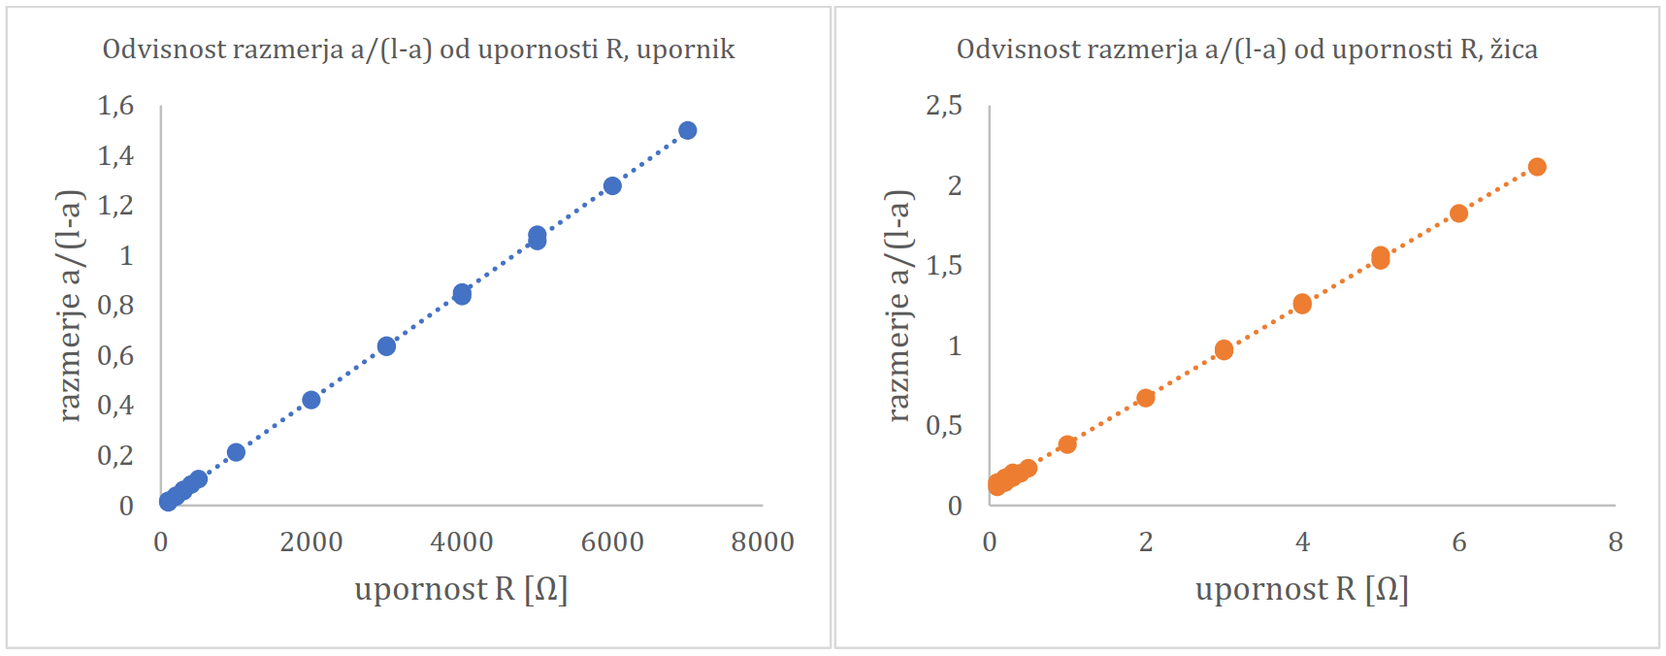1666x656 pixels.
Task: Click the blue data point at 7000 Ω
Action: pyautogui.click(x=687, y=130)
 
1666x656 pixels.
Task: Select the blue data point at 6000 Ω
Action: pyautogui.click(x=612, y=185)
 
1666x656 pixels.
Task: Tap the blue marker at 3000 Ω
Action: pyautogui.click(x=386, y=346)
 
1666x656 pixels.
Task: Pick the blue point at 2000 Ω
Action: pyautogui.click(x=311, y=400)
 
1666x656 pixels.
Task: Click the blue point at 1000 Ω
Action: pyautogui.click(x=236, y=452)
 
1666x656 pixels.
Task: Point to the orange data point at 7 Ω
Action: pyautogui.click(x=1537, y=167)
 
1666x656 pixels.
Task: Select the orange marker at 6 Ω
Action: pyautogui.click(x=1458, y=213)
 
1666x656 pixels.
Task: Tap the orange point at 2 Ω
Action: pyautogui.click(x=1146, y=398)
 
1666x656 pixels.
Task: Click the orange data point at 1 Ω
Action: pyautogui.click(x=1067, y=444)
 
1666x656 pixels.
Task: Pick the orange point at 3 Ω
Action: pyautogui.click(x=1224, y=350)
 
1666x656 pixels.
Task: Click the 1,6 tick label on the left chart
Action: pyautogui.click(x=115, y=105)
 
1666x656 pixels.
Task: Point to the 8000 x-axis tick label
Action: pyautogui.click(x=763, y=541)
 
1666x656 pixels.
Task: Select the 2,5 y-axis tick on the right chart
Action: pyautogui.click(x=944, y=105)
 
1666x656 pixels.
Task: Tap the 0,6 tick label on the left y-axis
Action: pyautogui.click(x=115, y=355)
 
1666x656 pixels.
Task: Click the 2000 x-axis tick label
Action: pyautogui.click(x=311, y=541)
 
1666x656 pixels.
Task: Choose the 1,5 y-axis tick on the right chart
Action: pyautogui.click(x=944, y=265)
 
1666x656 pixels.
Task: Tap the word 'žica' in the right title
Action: pyautogui.click(x=1514, y=49)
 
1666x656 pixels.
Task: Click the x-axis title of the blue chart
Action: pyautogui.click(x=461, y=589)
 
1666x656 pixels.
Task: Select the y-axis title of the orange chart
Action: pyautogui.click(x=898, y=306)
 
